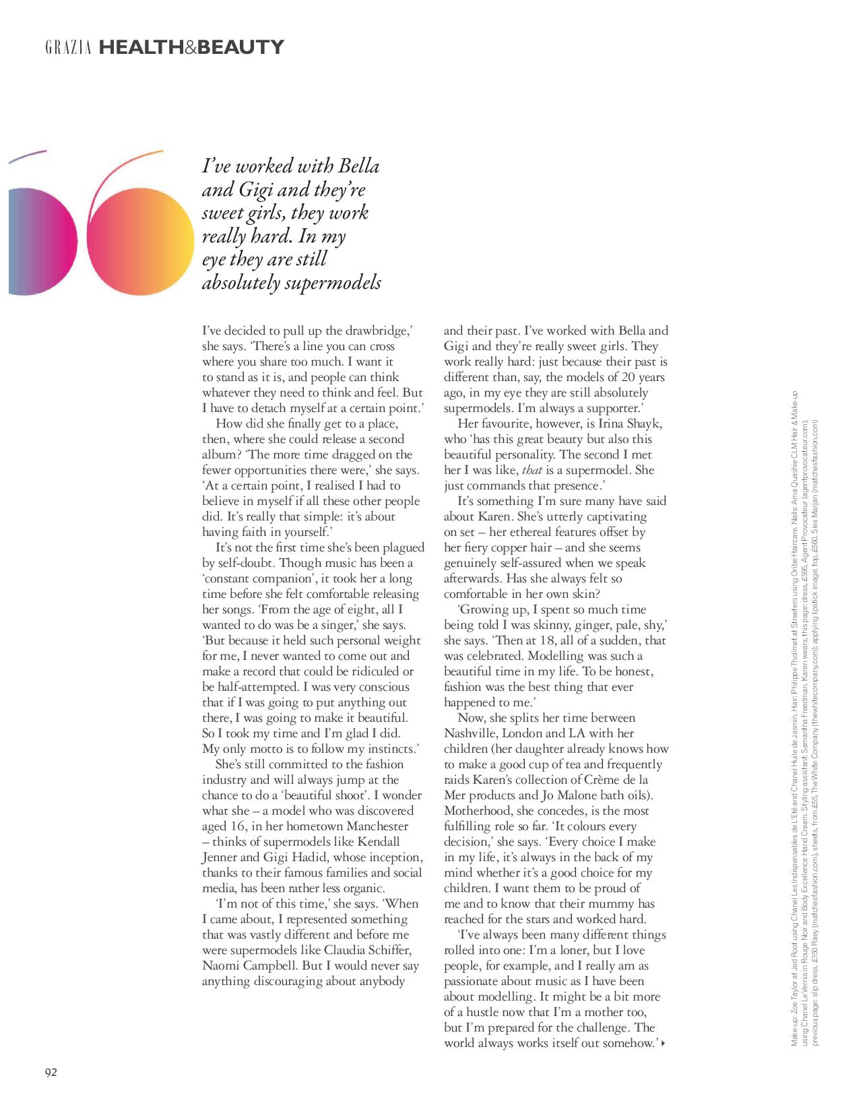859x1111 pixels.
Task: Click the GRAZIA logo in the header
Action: [68, 48]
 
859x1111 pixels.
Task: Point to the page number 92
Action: [51, 1072]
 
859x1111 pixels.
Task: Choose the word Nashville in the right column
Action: [472, 733]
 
